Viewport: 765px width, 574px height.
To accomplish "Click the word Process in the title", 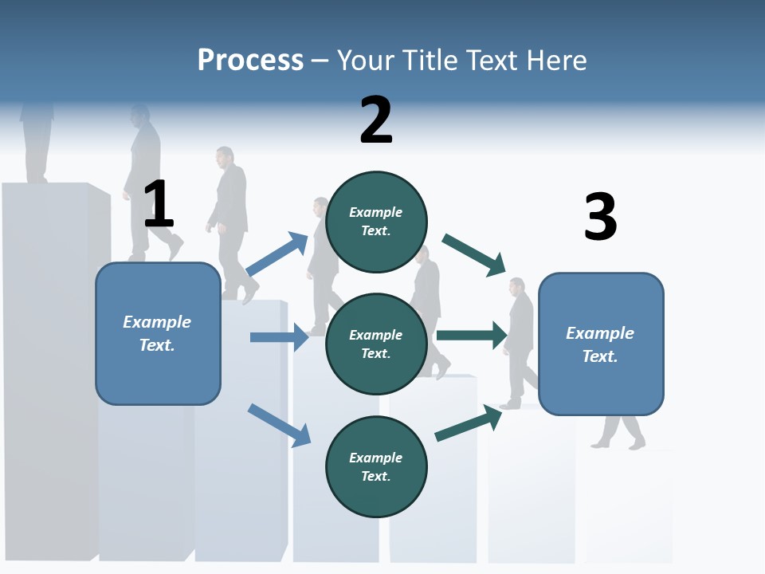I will tap(250, 61).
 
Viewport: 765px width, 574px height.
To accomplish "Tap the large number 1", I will tap(159, 205).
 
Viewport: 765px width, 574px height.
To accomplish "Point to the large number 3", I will tap(600, 217).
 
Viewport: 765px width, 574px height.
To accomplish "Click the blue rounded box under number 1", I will tap(158, 333).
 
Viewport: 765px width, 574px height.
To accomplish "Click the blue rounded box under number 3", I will tap(601, 344).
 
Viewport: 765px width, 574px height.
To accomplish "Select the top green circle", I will tap(376, 222).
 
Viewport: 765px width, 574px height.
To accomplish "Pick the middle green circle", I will tap(376, 344).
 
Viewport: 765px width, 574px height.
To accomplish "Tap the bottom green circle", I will tap(376, 466).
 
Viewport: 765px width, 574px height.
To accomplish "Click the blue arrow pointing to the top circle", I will tap(277, 254).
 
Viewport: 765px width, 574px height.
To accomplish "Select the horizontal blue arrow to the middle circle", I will tap(279, 337).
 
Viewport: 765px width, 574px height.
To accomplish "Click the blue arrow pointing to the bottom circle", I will tap(279, 425).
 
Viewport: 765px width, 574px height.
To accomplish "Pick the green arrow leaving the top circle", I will tap(474, 254).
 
